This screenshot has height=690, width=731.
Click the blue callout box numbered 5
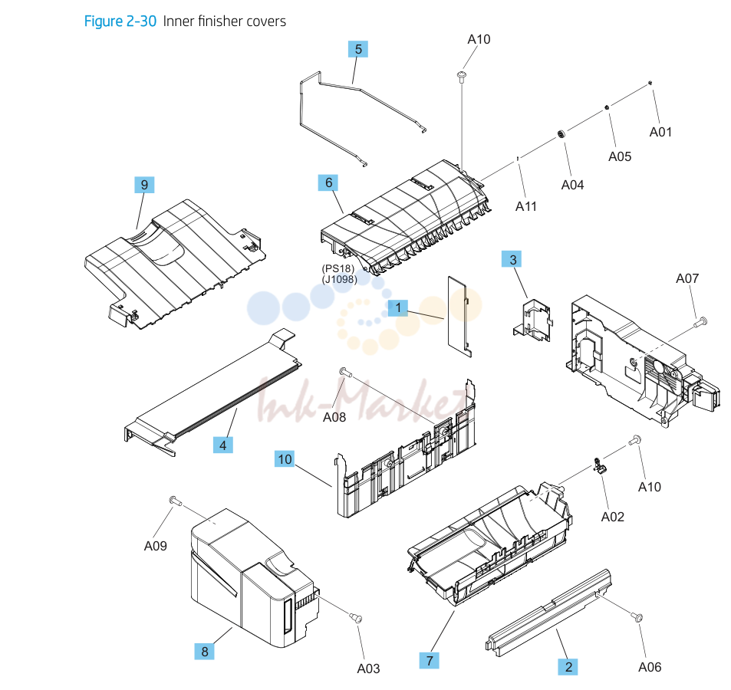358,49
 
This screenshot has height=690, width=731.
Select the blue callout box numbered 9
144,185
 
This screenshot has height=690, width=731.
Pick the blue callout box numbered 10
285,459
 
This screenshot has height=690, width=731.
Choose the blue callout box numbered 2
568,667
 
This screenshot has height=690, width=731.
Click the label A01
660,132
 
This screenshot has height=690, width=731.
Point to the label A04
572,185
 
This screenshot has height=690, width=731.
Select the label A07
687,278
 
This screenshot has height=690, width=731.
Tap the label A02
613,517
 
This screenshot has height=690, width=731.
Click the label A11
526,206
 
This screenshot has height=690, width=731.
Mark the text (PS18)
338,269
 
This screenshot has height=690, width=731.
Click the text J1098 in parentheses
339,280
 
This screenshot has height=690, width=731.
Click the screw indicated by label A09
175,501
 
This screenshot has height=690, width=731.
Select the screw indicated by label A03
356,618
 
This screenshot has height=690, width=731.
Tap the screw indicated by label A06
637,617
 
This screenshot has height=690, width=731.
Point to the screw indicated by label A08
345,371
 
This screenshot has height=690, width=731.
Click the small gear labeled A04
561,135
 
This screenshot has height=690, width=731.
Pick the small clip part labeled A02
598,465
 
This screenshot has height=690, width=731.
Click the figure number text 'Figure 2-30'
120,21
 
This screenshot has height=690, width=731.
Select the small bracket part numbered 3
532,320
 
